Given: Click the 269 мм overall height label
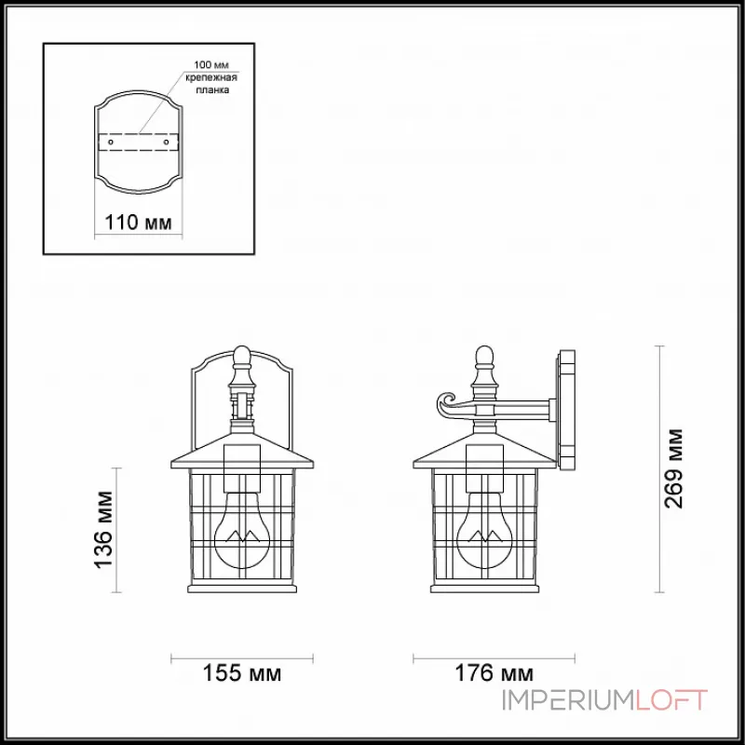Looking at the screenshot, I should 674,468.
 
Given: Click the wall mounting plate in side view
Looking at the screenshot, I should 565,410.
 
